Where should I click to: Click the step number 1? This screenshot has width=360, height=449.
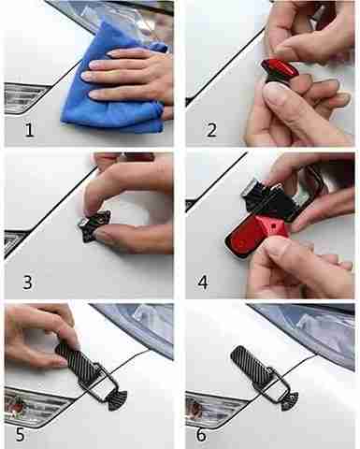pyautogui.click(x=30, y=129)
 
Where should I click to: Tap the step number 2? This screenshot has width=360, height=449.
pyautogui.click(x=212, y=130)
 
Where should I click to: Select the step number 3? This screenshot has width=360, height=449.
pyautogui.click(x=27, y=282)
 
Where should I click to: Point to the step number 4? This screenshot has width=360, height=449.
pyautogui.click(x=203, y=282)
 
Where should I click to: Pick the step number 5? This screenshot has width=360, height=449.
pyautogui.click(x=20, y=434)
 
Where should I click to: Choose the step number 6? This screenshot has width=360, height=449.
pyautogui.click(x=201, y=434)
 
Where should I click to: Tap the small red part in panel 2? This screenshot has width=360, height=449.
pyautogui.click(x=280, y=68)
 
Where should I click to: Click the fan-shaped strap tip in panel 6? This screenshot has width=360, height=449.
pyautogui.click(x=290, y=400)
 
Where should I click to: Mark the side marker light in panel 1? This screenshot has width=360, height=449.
pyautogui.click(x=24, y=97)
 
